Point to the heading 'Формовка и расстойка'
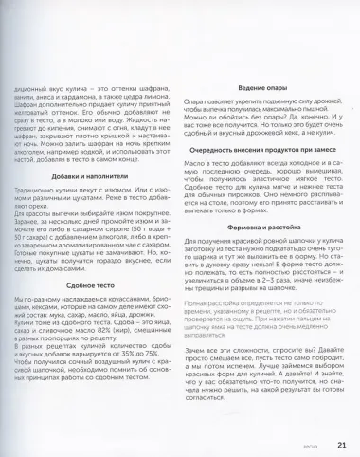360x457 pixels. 254,228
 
